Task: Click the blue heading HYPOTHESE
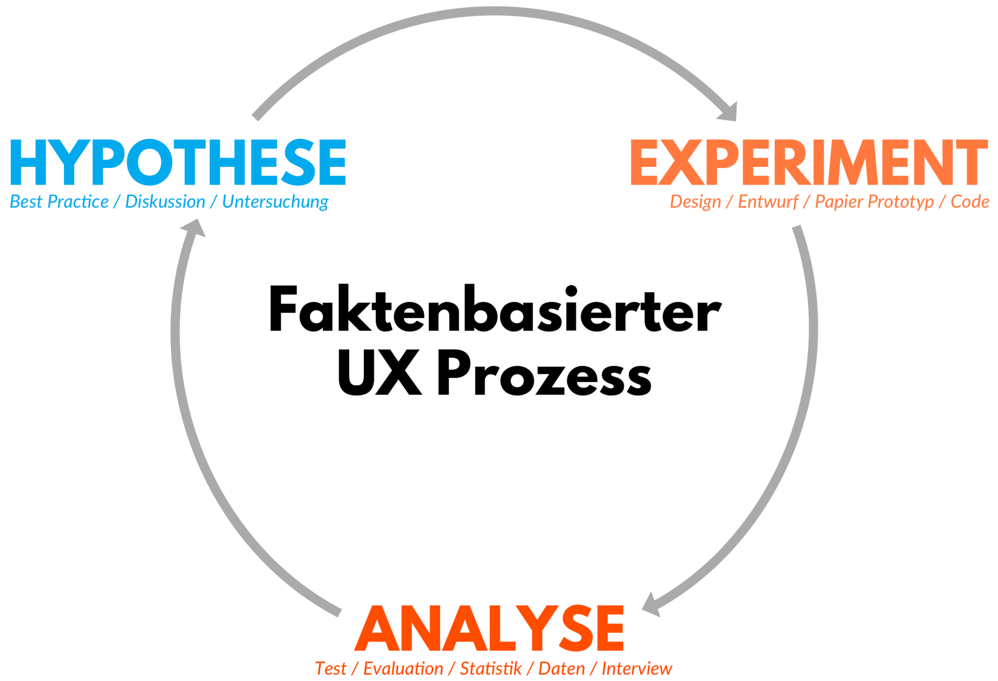[x=177, y=162]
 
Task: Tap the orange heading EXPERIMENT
[x=808, y=162]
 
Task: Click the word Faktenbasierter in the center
[x=495, y=309]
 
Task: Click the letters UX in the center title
[x=379, y=373]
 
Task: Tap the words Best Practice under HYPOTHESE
[x=59, y=202]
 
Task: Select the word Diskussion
[x=165, y=202]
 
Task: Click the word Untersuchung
[x=275, y=202]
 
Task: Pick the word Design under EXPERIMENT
[x=695, y=202]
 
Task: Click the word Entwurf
[x=768, y=202]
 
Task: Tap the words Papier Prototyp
[x=874, y=202]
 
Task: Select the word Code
[x=969, y=202]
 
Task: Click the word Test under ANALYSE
[x=331, y=669]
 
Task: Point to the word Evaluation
[x=403, y=669]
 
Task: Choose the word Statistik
[x=490, y=669]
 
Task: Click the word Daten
[x=562, y=669]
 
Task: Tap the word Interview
[x=637, y=669]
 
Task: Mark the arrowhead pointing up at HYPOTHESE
[x=194, y=228]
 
